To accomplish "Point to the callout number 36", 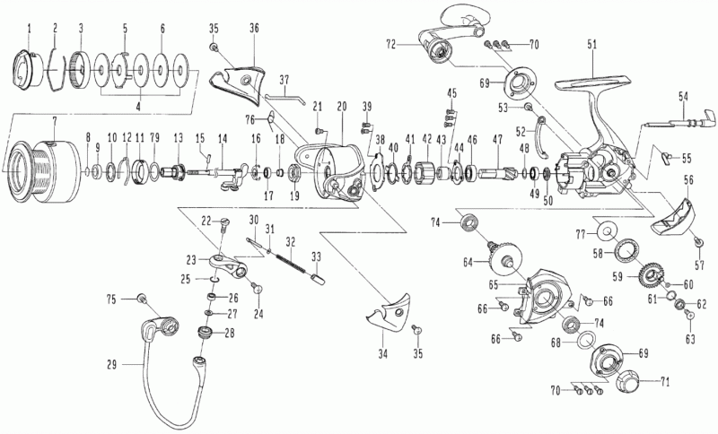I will [254, 28].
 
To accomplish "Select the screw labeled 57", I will [697, 242].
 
